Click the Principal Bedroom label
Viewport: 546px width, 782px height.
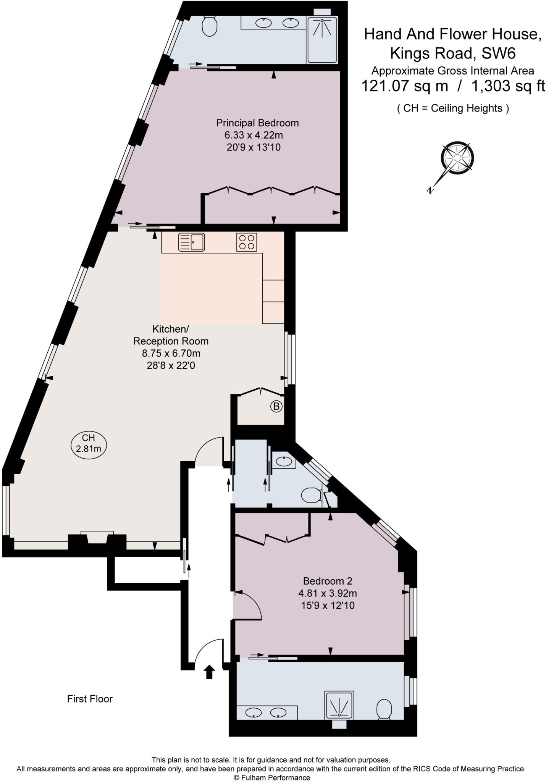click(x=257, y=123)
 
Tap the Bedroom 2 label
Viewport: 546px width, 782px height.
click(x=327, y=581)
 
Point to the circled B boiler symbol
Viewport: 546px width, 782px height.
click(x=276, y=406)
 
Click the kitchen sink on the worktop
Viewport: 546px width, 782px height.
click(x=191, y=242)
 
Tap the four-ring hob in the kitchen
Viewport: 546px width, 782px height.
click(x=246, y=242)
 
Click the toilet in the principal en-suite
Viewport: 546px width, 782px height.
click(x=209, y=26)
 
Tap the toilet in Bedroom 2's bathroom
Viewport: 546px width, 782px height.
click(x=384, y=709)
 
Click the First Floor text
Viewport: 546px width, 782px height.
click(x=90, y=699)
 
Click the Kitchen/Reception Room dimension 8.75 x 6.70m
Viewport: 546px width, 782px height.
click(x=171, y=353)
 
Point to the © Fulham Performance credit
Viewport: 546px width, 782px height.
click(x=272, y=777)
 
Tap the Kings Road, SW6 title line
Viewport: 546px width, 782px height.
click(x=452, y=53)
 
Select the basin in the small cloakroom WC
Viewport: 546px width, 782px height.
click(x=284, y=461)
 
